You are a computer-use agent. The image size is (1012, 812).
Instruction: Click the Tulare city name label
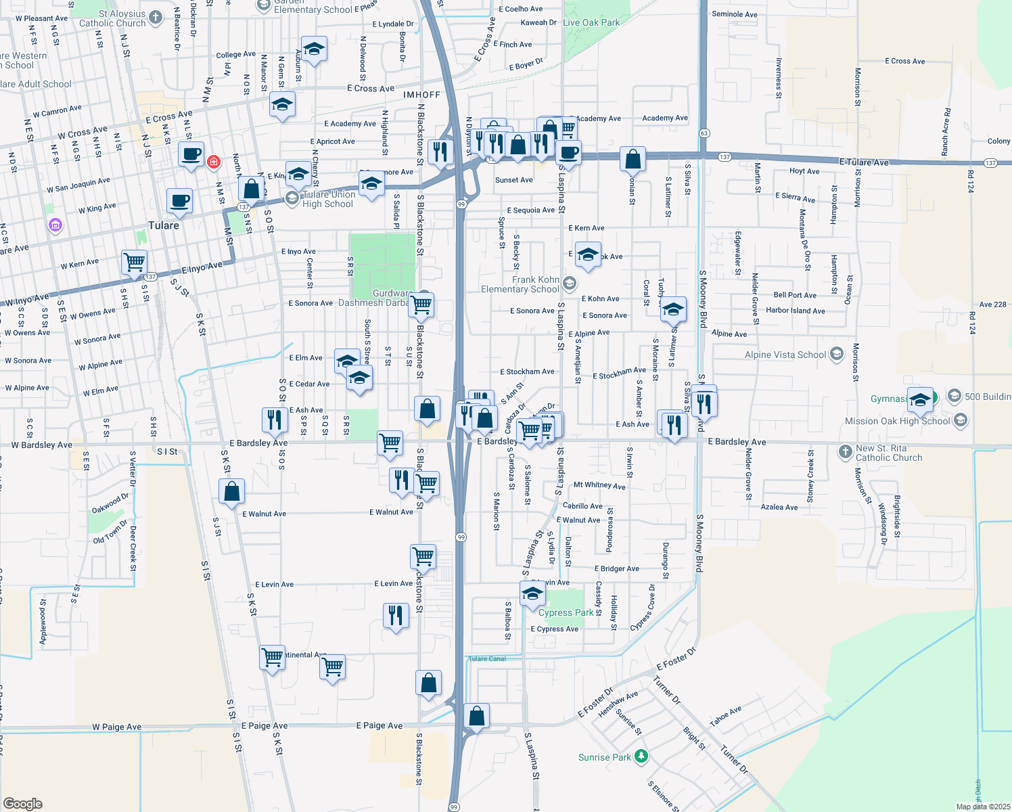[164, 225]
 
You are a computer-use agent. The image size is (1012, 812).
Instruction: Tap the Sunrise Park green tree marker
[641, 756]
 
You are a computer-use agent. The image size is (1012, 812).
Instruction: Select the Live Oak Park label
[591, 22]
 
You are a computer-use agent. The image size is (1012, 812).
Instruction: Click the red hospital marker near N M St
[214, 162]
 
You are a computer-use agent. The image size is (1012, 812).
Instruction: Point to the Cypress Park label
[566, 613]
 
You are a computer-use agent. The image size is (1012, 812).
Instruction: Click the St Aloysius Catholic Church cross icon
[156, 17]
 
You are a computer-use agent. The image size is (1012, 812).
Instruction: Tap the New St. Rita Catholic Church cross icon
[845, 451]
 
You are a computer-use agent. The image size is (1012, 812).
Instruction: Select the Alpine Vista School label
[785, 355]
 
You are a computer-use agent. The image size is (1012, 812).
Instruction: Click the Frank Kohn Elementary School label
[520, 284]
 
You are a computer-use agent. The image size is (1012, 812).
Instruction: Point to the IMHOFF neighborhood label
[421, 95]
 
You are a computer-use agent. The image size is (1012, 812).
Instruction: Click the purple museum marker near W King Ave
[55, 225]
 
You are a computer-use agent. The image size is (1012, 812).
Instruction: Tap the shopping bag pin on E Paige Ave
[476, 716]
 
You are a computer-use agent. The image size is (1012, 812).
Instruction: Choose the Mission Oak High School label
[897, 421]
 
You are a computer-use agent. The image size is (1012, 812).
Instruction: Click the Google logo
[23, 804]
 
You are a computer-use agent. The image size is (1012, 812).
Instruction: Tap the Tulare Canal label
[487, 658]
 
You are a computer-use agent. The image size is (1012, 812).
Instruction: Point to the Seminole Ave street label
[735, 14]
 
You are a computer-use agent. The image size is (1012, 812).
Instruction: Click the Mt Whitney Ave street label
[599, 485]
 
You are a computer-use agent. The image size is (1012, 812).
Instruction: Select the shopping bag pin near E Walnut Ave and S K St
[231, 491]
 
